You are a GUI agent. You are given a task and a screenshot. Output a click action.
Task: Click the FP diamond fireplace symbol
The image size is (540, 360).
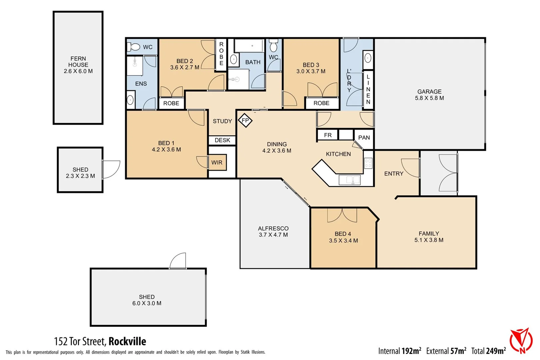click(x=245, y=120)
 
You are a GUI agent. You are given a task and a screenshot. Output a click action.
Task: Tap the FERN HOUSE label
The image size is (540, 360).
click(x=78, y=65)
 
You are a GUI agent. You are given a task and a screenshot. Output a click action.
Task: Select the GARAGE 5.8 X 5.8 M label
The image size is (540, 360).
click(x=429, y=95)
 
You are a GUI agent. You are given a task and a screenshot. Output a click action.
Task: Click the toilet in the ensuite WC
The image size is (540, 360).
click(x=134, y=47)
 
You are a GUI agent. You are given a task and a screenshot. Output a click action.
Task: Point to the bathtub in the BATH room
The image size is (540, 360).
click(x=249, y=46)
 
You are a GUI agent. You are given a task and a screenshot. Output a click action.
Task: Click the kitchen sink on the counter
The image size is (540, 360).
click(x=349, y=180)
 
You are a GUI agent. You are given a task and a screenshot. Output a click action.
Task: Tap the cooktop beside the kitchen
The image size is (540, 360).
click(x=368, y=163)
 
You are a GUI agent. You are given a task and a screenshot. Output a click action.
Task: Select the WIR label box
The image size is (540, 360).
click(x=217, y=163)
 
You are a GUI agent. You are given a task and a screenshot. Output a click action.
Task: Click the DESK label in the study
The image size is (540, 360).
click(x=222, y=140)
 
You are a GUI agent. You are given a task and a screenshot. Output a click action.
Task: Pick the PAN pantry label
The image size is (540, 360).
click(x=364, y=138)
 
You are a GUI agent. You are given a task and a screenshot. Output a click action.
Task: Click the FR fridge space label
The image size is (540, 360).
click(x=328, y=135)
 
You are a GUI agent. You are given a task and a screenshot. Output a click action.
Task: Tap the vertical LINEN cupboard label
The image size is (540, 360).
click(x=368, y=89)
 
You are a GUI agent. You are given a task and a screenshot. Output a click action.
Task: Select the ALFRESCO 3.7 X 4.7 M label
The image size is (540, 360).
click(x=273, y=232)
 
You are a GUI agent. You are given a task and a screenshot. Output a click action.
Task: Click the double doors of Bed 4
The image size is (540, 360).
click(x=342, y=215)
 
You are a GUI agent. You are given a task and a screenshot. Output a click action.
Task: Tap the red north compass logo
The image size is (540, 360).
click(x=521, y=340)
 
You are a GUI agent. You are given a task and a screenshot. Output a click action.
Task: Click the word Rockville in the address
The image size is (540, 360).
click(x=127, y=342)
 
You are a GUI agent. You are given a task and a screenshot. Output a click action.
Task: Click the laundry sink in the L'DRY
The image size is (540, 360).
click(x=368, y=59)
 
